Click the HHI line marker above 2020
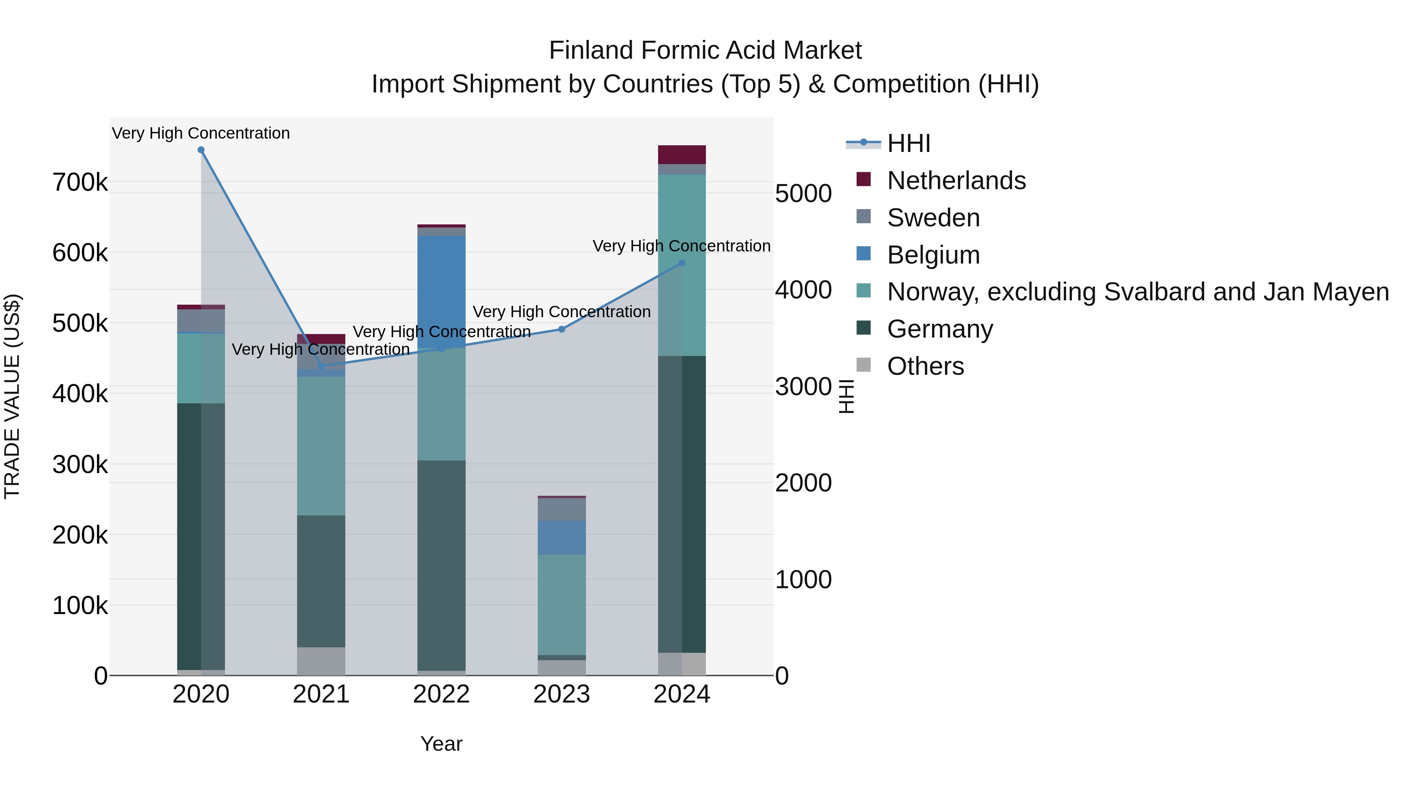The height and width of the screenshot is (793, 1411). click(x=201, y=150)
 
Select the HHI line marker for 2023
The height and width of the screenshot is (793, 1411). click(x=561, y=329)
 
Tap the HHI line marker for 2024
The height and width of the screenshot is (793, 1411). click(x=682, y=263)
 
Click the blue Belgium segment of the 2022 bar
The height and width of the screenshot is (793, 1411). click(x=441, y=290)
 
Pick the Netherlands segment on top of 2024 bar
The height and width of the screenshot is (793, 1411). click(x=682, y=155)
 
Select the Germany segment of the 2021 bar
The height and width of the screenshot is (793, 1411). click(x=321, y=581)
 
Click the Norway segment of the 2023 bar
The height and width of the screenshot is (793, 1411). click(x=561, y=605)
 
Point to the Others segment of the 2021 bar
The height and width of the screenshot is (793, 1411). click(x=321, y=661)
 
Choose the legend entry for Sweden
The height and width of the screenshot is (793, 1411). click(x=933, y=218)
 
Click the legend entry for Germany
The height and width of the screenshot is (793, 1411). click(x=939, y=329)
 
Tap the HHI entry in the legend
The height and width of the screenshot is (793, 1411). click(x=908, y=143)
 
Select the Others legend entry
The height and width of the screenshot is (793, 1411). click(x=925, y=366)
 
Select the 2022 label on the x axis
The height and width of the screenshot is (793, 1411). click(x=441, y=694)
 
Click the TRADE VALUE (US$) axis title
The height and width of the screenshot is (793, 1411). click(x=12, y=396)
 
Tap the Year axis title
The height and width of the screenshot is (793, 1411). click(x=441, y=744)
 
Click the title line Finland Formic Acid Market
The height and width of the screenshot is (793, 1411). click(x=705, y=51)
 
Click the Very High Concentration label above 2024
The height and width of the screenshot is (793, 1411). click(x=682, y=246)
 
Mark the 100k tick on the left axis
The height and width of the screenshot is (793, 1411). click(x=80, y=606)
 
